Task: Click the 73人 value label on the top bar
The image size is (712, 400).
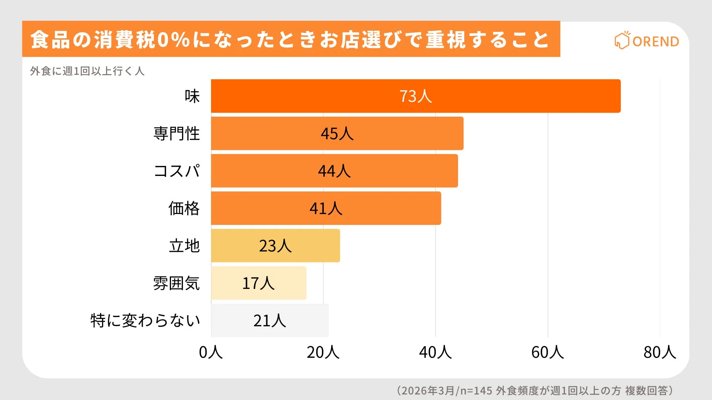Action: click(415, 96)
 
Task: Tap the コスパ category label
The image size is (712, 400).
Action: click(177, 171)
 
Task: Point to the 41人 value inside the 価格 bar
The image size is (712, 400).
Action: click(326, 209)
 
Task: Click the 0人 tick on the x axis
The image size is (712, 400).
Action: click(211, 352)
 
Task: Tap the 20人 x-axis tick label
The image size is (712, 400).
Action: click(323, 352)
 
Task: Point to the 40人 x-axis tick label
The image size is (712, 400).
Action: click(435, 352)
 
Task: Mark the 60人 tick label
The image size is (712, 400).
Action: click(547, 352)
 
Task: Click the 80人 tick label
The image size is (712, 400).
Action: click(660, 352)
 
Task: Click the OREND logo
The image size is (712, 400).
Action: click(647, 41)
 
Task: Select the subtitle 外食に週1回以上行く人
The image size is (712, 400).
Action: click(87, 71)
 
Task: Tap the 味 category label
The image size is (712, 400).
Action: click(192, 96)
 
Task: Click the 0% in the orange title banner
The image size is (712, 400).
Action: click(174, 40)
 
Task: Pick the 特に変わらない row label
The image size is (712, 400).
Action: click(145, 320)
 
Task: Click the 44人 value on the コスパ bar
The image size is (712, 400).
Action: click(334, 171)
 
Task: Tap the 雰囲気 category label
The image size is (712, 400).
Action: click(177, 283)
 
